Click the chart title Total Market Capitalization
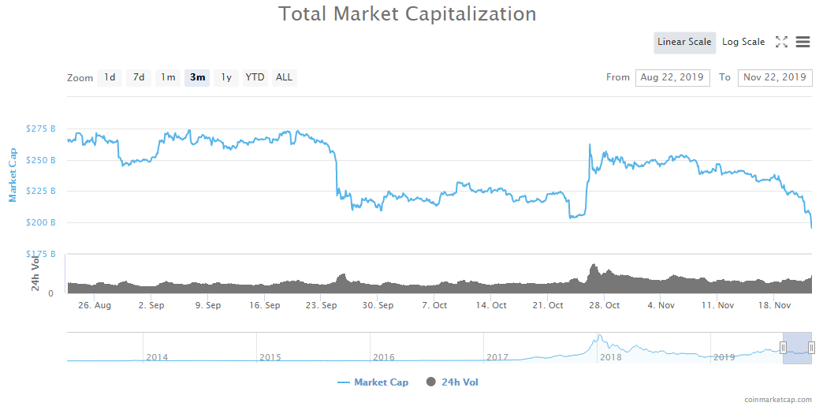click(407, 14)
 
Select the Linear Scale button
click(684, 43)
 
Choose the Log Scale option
click(743, 43)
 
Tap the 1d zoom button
click(110, 77)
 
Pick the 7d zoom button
click(139, 77)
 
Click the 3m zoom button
click(197, 77)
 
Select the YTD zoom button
click(255, 77)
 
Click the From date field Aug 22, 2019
click(672, 77)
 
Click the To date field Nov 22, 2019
click(775, 77)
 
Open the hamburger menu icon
click(803, 43)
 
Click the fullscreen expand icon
click(781, 43)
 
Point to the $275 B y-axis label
click(41, 129)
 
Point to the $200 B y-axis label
click(41, 222)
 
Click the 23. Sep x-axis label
click(322, 305)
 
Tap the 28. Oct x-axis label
click(605, 305)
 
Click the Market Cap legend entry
click(373, 382)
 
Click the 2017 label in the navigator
click(497, 357)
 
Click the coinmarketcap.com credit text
click(777, 400)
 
